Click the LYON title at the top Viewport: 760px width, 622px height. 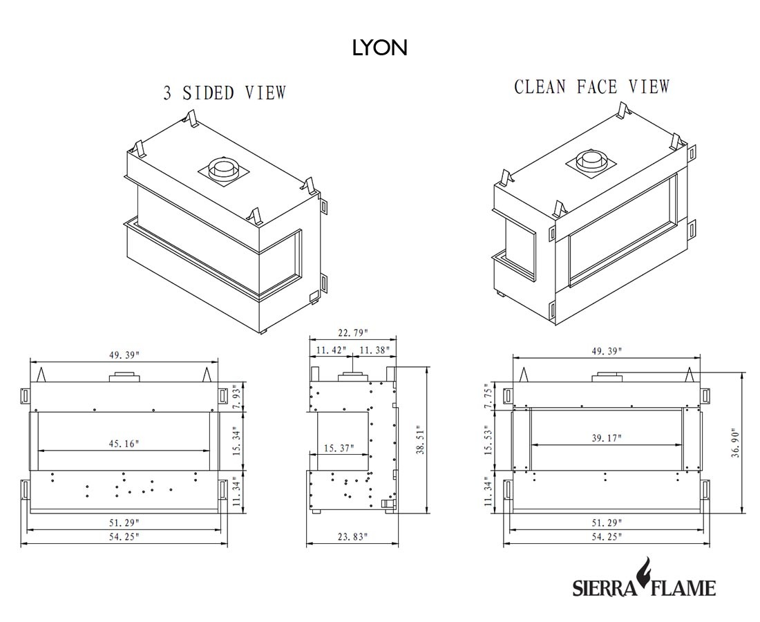click(x=379, y=48)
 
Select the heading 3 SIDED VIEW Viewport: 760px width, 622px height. click(x=225, y=93)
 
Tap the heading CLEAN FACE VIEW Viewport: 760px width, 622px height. click(x=591, y=87)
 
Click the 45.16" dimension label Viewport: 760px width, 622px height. click(x=124, y=443)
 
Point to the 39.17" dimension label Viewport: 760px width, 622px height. click(x=606, y=438)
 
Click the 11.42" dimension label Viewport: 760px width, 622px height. click(x=331, y=350)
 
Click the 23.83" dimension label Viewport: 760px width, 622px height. click(x=352, y=537)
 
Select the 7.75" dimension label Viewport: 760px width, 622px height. click(x=491, y=396)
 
